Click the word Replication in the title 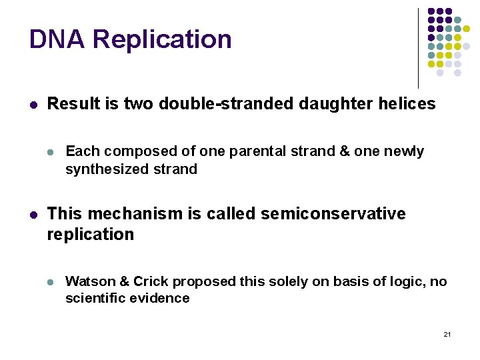[x=162, y=40]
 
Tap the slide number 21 [x=447, y=333]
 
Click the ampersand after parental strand [x=344, y=152]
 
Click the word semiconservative [x=333, y=214]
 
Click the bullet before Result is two [x=33, y=105]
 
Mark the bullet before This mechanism [x=33, y=215]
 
